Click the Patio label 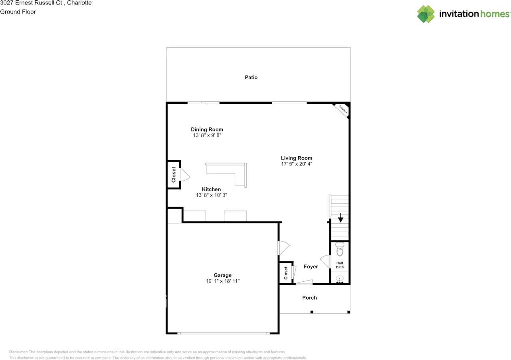(x=251, y=77)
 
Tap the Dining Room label (x=207, y=129)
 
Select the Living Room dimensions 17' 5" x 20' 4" (x=296, y=164)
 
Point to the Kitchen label (x=211, y=189)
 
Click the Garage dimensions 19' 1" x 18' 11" (x=222, y=281)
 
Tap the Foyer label (x=311, y=267)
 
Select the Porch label (x=309, y=298)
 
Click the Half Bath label (x=340, y=265)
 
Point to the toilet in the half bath (x=340, y=249)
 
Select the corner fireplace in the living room (x=342, y=109)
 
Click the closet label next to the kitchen (x=174, y=175)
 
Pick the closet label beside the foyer (x=286, y=273)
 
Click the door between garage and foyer (x=283, y=248)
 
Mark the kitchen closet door (x=184, y=175)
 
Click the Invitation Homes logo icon (x=426, y=14)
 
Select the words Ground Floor (x=18, y=12)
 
